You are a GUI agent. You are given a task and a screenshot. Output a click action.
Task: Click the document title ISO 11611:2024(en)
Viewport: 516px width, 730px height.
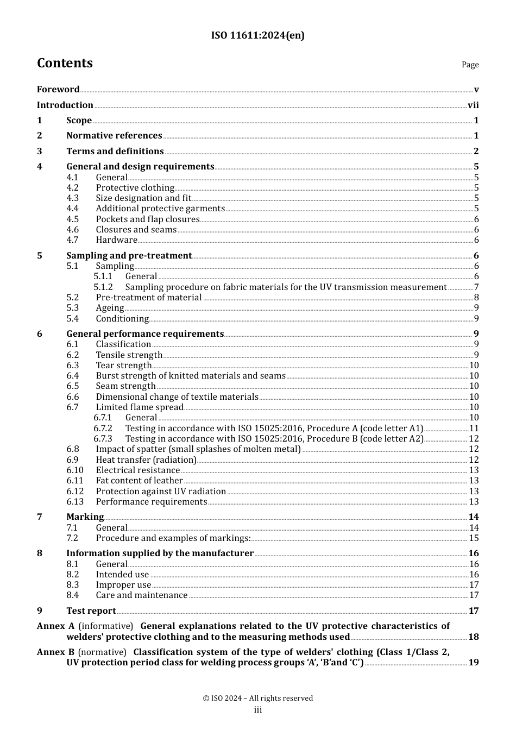pos(257,36)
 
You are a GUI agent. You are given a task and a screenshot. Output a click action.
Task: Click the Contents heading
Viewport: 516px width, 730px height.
pos(65,64)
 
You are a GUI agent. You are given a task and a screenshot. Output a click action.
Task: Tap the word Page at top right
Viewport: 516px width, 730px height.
pos(470,65)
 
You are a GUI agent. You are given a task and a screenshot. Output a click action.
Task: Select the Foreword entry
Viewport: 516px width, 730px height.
pos(58,90)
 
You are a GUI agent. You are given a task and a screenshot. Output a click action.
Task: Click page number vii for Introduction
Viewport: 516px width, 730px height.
pos(473,105)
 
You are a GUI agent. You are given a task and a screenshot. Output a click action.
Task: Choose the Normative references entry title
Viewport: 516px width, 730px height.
pos(114,136)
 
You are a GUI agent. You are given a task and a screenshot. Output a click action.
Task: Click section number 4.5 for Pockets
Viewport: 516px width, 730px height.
pos(72,219)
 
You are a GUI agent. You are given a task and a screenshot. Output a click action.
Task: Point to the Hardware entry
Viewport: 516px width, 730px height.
pos(116,240)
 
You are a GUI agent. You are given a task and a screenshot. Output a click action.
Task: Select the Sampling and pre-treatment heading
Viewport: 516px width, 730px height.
pos(129,256)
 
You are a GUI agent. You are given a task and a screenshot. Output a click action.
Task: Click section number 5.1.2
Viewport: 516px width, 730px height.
pos(103,287)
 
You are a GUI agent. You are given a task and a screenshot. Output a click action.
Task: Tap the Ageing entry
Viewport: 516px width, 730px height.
pos(110,308)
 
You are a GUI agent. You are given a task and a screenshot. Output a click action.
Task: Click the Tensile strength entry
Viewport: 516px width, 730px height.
pos(129,355)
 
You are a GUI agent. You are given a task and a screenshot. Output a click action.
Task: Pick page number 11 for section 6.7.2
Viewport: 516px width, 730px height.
pos(474,429)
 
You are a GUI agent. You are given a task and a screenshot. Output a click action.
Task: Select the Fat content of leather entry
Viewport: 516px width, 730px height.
pos(139,481)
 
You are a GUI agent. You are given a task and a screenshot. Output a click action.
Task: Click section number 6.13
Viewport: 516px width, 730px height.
pos(75,502)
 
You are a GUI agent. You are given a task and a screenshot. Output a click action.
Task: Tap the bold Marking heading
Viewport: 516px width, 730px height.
pos(85,517)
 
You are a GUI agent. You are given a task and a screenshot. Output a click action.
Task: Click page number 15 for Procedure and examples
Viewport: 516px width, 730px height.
pos(474,538)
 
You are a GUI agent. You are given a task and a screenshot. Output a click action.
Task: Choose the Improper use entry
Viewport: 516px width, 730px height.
pos(123,585)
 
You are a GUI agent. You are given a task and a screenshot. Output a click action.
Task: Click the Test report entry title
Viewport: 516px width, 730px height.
pos(91,611)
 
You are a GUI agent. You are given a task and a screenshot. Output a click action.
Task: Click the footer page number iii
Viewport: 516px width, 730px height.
pos(257,710)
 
